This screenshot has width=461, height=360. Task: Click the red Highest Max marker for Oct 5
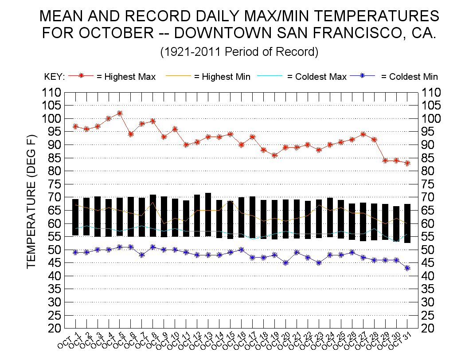click(x=120, y=113)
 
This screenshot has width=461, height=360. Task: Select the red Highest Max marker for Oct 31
click(x=407, y=163)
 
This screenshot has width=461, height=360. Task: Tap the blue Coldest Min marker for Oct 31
click(x=407, y=268)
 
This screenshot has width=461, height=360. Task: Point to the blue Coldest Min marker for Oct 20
click(x=286, y=262)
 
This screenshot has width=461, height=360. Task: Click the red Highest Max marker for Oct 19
click(x=275, y=155)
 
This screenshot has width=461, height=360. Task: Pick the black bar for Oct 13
click(x=208, y=215)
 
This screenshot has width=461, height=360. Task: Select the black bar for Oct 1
click(x=75, y=217)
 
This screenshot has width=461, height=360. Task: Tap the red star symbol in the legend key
click(x=81, y=76)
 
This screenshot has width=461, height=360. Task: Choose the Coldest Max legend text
click(x=317, y=77)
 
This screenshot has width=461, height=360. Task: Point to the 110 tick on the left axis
click(x=52, y=93)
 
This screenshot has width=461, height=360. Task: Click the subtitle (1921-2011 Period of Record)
click(x=239, y=52)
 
